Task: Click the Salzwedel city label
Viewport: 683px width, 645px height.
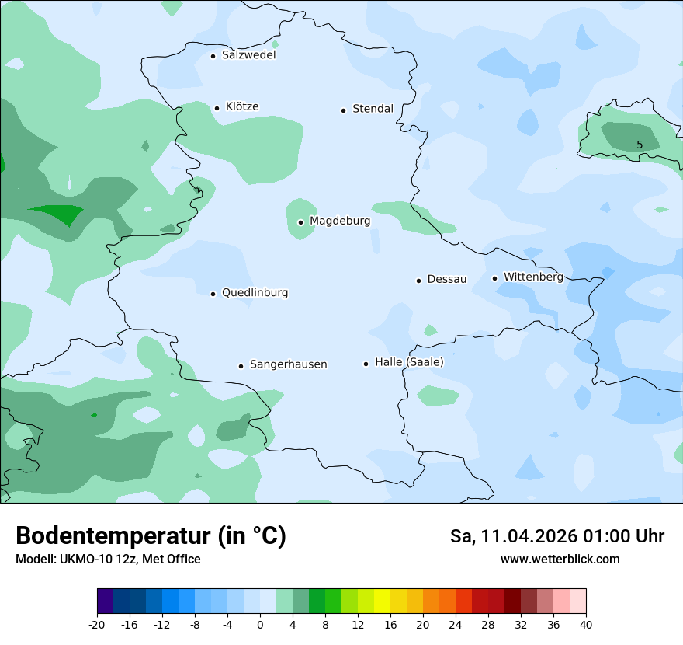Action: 248,55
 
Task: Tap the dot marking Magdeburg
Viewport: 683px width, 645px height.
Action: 300,222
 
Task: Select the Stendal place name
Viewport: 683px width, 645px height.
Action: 373,109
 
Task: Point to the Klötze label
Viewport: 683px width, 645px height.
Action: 242,106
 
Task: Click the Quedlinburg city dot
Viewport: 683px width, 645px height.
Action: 213,294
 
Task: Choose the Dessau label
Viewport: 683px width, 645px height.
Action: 447,279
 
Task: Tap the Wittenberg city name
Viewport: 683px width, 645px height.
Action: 533,277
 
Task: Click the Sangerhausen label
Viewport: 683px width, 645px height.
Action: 288,364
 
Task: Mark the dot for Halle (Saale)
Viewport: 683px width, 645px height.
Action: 366,364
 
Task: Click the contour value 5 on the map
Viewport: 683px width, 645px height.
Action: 640,145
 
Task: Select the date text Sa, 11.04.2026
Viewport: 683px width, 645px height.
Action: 514,536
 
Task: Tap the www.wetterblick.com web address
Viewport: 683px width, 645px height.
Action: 560,559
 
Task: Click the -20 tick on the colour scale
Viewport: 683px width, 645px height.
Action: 97,625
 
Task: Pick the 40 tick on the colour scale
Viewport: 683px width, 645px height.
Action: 586,625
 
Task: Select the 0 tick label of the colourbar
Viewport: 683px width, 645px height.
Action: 260,625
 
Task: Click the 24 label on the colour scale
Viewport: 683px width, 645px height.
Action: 456,625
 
